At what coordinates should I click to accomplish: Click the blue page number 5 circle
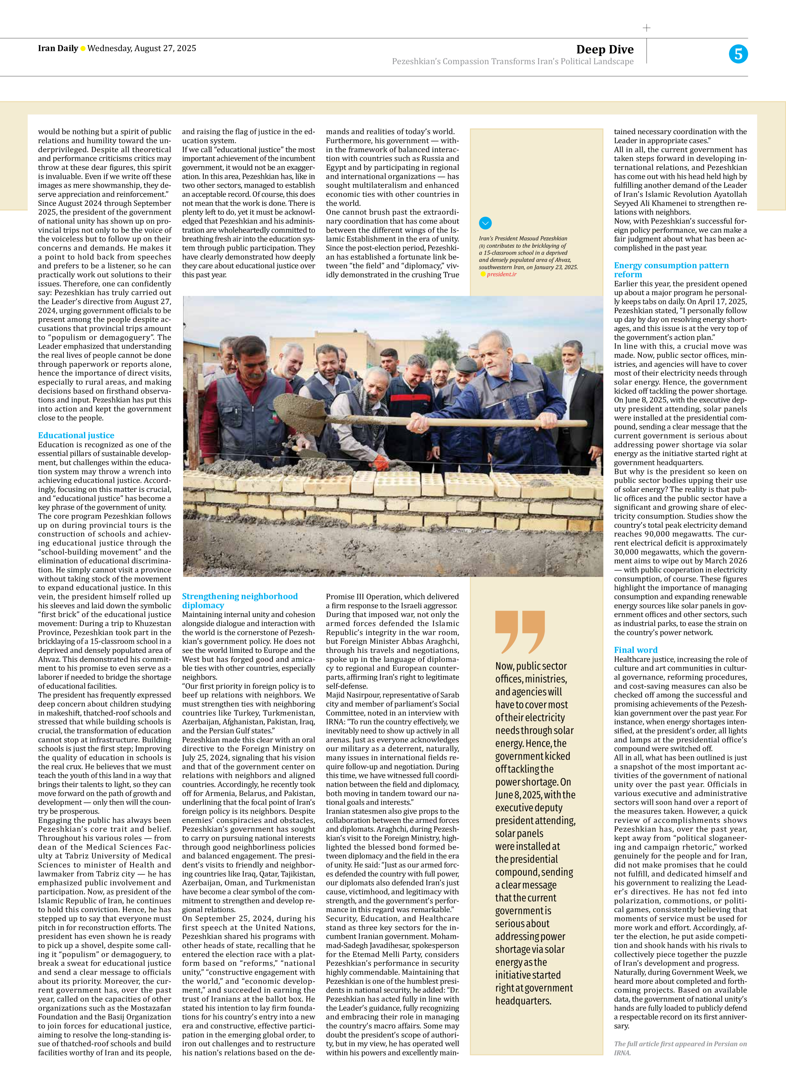[738, 54]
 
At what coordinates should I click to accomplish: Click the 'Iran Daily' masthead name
[58, 48]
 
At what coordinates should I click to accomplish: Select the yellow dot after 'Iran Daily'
[83, 48]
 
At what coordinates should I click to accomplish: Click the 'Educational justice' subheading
[76, 435]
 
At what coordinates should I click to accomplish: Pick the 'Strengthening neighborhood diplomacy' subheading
[239, 600]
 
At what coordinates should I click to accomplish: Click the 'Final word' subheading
[635, 649]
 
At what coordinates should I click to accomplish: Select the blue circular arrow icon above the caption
[485, 223]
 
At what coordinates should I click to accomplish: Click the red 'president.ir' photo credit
[501, 274]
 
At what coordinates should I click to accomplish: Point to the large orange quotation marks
[520, 631]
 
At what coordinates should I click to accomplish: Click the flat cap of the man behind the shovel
[465, 364]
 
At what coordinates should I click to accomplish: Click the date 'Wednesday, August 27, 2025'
[142, 48]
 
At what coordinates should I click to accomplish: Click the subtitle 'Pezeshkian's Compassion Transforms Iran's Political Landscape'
[512, 62]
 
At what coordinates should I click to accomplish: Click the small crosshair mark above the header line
[647, 28]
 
